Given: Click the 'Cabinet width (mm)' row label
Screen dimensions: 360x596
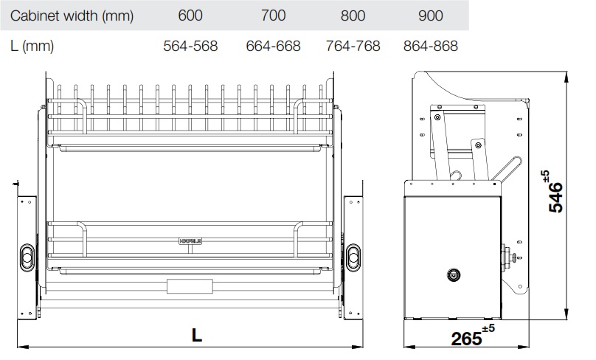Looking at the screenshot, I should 63,15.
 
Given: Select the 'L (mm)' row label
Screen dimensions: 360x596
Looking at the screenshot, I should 33,46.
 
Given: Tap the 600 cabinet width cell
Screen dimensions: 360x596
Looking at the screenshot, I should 190,15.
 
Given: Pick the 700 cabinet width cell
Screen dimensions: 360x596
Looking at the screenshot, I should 272,15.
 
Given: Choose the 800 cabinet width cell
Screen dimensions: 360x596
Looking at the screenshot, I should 353,15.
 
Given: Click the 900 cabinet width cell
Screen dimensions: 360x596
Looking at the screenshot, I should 431,15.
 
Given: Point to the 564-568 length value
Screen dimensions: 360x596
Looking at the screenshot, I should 190,46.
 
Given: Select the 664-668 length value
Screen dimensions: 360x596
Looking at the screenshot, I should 273,46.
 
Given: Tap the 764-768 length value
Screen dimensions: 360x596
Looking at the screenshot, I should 353,46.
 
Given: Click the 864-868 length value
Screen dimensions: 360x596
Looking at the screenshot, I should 431,46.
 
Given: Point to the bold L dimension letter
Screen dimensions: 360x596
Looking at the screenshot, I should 196,333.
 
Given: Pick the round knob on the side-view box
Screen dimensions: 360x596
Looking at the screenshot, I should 451,276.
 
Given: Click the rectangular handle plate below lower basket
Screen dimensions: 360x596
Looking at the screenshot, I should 190,286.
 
